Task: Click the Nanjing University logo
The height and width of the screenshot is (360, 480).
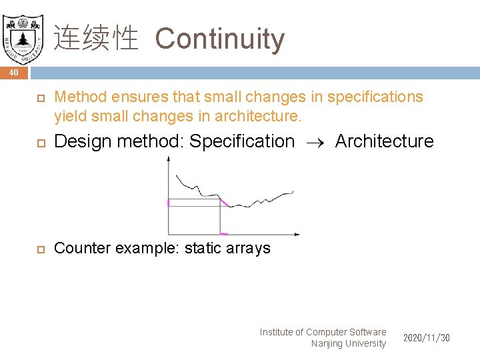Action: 22,35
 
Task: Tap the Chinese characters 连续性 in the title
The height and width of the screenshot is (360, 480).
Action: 95,39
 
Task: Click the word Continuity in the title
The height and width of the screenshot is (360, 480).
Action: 219,39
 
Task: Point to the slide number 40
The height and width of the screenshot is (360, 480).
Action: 14,72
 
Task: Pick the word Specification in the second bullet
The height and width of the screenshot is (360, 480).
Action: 241,141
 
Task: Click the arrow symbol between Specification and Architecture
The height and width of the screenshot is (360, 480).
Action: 315,142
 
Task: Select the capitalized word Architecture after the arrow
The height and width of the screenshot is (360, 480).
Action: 384,141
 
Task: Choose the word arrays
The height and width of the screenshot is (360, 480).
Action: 249,248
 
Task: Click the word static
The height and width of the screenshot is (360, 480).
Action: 204,248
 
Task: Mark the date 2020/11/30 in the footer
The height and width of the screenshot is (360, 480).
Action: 427,338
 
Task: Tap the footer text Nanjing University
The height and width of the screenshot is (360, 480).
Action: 348,343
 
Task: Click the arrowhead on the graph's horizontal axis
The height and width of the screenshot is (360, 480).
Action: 297,234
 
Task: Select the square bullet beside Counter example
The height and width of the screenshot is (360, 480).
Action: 39,249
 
